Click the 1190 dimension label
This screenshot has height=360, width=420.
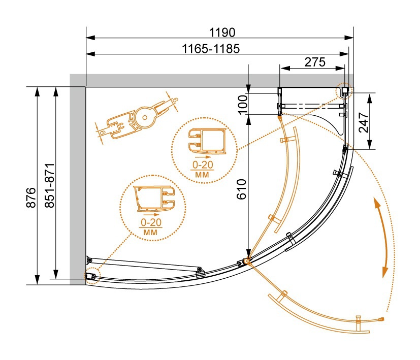(x=222, y=32)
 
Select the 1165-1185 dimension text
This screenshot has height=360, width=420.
(x=211, y=49)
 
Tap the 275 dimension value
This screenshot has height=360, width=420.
(x=315, y=62)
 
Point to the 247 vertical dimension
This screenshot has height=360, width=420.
(x=364, y=122)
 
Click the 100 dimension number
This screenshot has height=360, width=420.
(x=243, y=105)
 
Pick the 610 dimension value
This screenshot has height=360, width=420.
(x=242, y=189)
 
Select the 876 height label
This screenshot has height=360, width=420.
(x=31, y=198)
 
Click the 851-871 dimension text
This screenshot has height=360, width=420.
(x=50, y=186)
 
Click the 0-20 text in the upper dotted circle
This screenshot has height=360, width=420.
(x=203, y=165)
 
